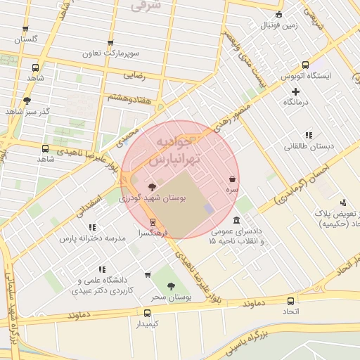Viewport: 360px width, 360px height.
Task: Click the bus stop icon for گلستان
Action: point(26,29)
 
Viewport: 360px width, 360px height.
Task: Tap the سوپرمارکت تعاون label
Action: point(110,53)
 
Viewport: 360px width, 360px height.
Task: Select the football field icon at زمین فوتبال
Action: point(279,15)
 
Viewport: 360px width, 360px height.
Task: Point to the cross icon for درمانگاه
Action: point(296,91)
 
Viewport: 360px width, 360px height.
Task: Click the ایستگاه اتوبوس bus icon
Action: point(305,64)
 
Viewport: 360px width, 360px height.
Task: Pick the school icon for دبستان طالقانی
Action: point(308,135)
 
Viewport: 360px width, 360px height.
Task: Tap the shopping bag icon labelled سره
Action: point(231,179)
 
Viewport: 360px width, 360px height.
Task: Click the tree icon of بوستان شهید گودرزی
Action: point(153,186)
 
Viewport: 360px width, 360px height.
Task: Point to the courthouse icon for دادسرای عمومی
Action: point(236,220)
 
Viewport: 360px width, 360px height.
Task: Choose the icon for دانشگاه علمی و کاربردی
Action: point(103,269)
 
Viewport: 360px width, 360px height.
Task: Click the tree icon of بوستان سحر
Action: point(172,285)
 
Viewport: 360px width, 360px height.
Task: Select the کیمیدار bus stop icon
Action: point(147,313)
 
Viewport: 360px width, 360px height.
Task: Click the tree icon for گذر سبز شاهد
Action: point(27,101)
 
